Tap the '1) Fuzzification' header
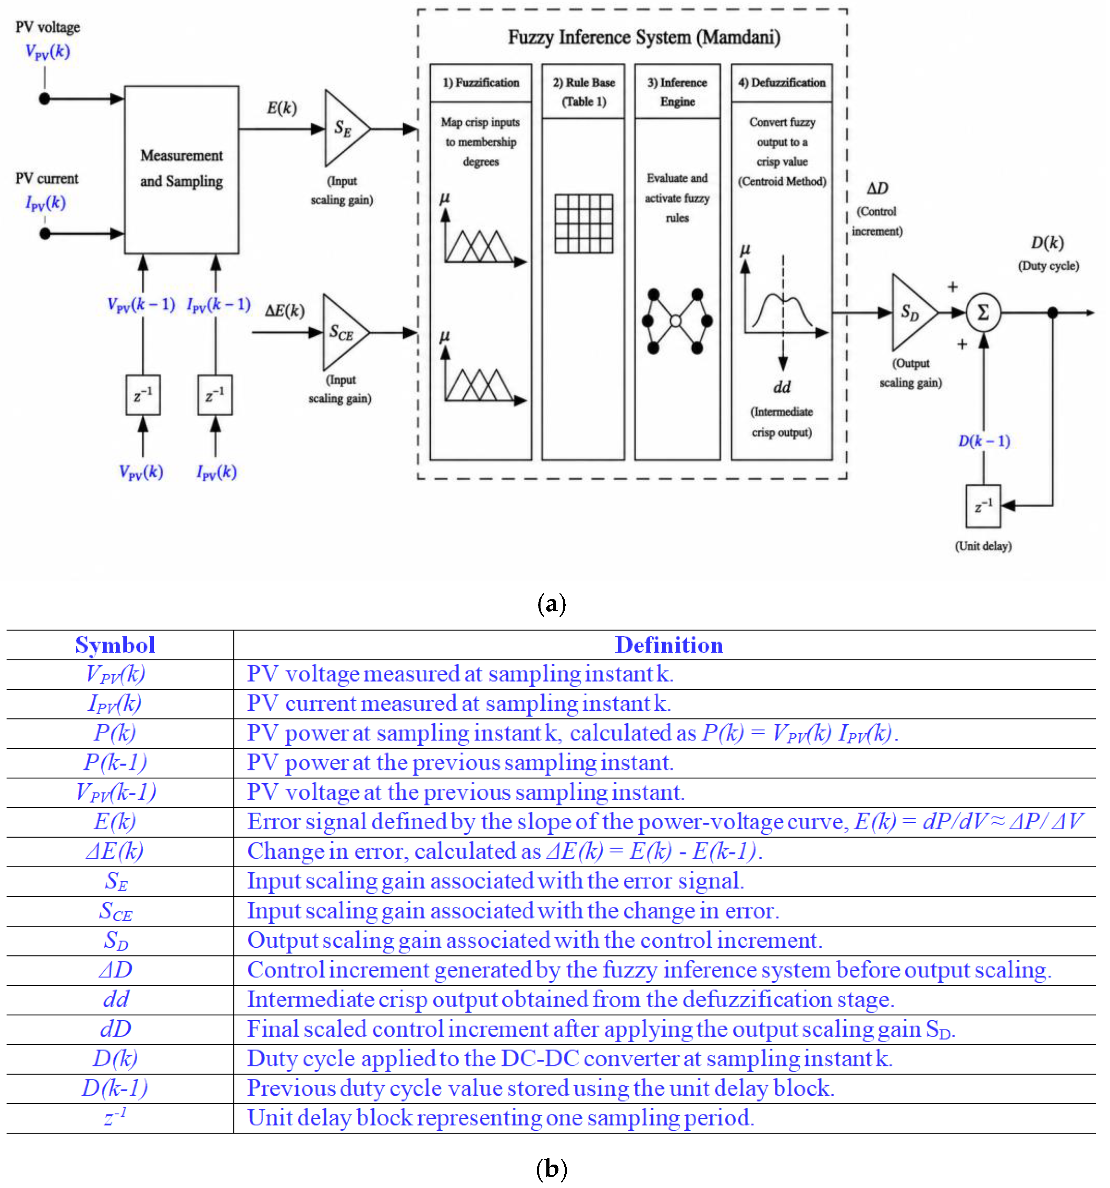481,82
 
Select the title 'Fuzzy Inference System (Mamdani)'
644,37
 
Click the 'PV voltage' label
48,27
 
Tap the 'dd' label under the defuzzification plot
782,387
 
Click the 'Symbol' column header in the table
115,645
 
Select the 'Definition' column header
669,645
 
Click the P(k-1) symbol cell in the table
115,762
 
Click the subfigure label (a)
551,604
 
